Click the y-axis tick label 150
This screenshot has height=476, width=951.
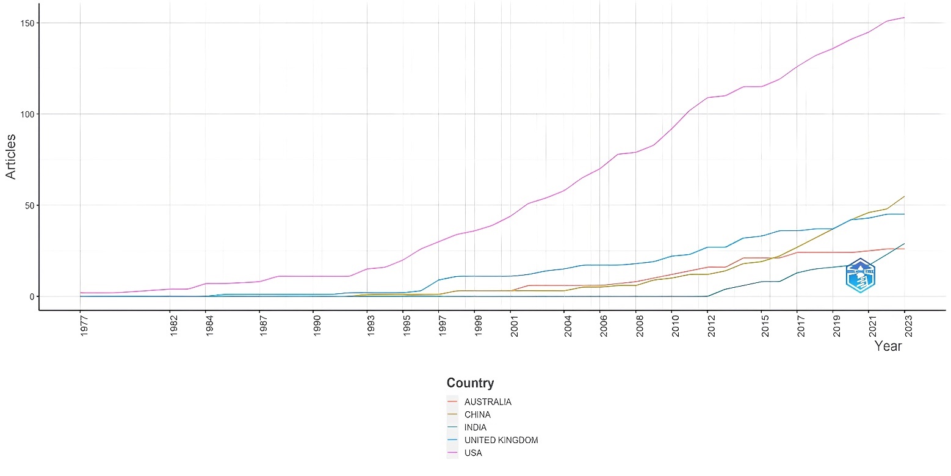27,23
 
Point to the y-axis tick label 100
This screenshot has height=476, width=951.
27,114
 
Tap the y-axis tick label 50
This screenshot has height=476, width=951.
29,205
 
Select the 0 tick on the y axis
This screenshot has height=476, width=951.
32,296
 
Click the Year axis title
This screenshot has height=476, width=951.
888,346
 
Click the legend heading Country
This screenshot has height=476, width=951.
470,383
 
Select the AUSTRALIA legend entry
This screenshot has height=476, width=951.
487,402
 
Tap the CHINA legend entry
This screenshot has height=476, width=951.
477,415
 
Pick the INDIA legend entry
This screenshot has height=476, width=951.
475,428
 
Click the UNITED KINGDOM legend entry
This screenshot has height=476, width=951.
501,441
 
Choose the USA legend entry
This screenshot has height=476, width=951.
473,453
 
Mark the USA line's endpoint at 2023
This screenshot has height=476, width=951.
904,18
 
